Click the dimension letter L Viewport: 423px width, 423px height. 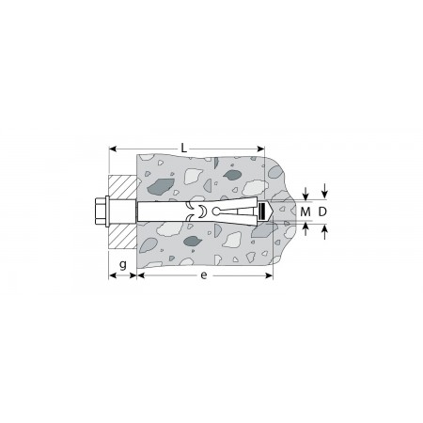184,148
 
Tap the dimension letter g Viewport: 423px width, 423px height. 123,265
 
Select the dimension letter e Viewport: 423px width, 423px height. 204,275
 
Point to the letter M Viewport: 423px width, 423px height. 305,212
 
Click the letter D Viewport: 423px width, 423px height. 322,212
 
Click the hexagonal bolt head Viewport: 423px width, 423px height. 101,211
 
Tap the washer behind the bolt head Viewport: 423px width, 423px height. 107,211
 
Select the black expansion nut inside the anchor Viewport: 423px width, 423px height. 262,211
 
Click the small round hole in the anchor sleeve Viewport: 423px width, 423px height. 215,211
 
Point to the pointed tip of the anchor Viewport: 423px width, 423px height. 274,211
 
